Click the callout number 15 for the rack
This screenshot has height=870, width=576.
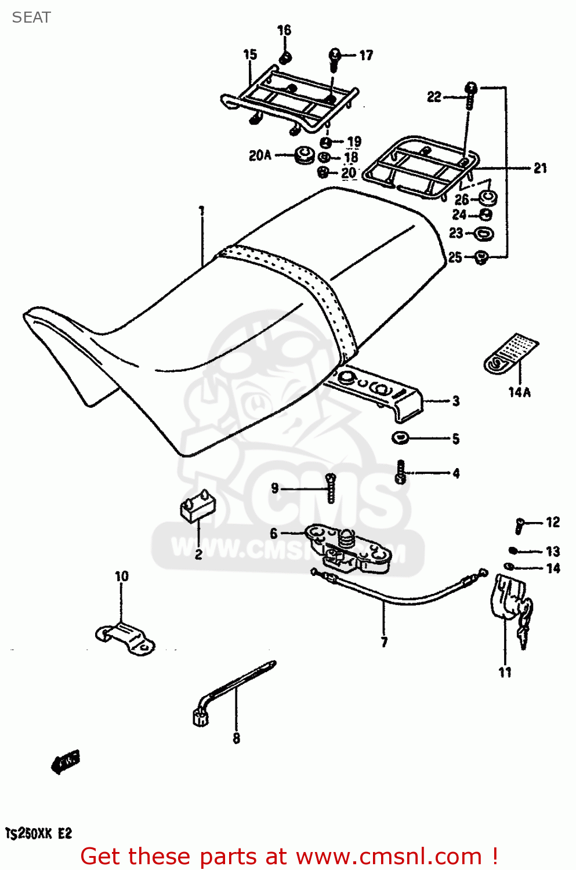[249, 55]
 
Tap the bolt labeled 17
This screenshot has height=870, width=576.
[335, 59]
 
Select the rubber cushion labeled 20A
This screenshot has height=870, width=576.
[303, 155]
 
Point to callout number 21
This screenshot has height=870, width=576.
[540, 168]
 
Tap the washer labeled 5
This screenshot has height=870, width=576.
[400, 438]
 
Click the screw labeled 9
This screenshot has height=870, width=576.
[331, 488]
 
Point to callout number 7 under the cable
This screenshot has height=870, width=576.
[384, 642]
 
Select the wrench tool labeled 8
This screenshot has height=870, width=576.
[232, 690]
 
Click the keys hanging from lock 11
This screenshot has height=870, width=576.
[525, 623]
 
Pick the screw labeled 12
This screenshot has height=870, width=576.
[520, 525]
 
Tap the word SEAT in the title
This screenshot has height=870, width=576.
[31, 17]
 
